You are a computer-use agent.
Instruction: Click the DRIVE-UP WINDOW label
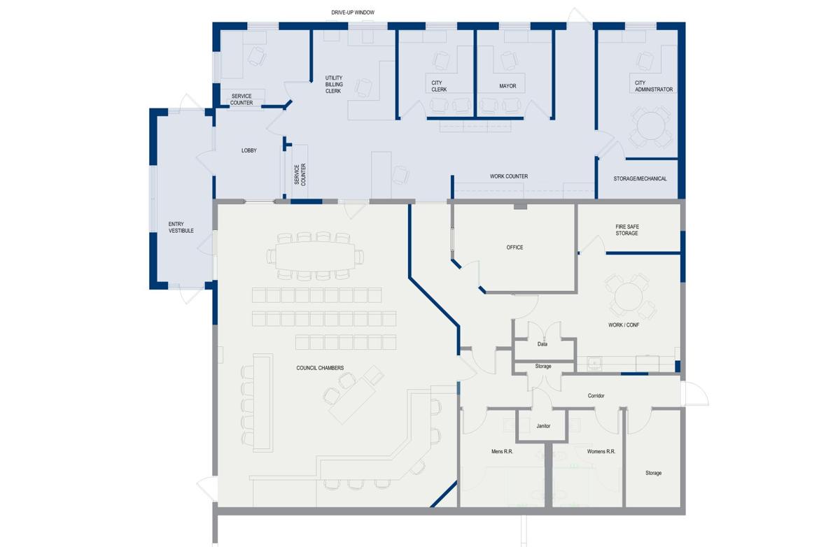click(x=353, y=13)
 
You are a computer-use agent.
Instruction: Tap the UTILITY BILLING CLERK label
click(x=333, y=85)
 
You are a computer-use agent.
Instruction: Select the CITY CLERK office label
click(x=439, y=86)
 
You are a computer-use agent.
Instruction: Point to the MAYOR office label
click(x=507, y=86)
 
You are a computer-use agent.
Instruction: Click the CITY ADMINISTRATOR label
click(x=654, y=86)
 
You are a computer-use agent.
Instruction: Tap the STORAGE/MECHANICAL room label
click(x=640, y=179)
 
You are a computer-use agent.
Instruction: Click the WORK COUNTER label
click(x=508, y=176)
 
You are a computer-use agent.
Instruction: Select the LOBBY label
click(x=249, y=150)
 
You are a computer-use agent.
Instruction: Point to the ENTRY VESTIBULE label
click(x=181, y=227)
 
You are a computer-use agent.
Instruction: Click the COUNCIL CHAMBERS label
click(x=320, y=368)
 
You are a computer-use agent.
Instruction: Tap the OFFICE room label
click(x=514, y=248)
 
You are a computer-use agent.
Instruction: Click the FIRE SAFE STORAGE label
click(x=626, y=230)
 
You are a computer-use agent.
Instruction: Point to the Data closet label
click(x=542, y=344)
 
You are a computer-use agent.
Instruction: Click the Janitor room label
click(x=543, y=426)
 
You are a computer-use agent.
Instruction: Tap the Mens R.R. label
click(x=503, y=452)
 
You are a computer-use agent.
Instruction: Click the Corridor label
click(x=596, y=396)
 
